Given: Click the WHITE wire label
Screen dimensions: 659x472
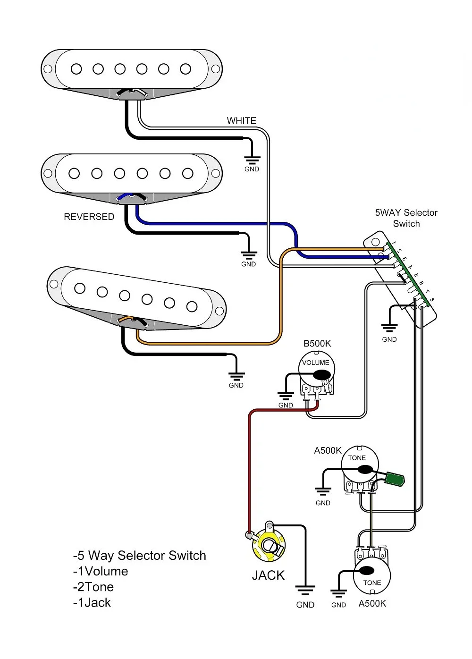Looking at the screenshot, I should coord(241,121).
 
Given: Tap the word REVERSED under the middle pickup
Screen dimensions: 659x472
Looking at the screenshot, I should coord(89,217).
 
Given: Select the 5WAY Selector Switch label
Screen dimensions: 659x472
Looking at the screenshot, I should coord(406,218).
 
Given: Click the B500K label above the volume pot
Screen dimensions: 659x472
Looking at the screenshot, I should coord(317,344).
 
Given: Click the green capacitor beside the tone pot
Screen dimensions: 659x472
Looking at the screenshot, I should coord(395,479).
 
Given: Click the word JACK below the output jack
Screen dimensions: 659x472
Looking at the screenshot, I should coord(268,575).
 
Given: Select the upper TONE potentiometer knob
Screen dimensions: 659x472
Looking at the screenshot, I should coord(360,464).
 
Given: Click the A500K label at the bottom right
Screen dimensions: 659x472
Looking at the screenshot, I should coord(372,604).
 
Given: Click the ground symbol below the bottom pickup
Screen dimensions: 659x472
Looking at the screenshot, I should coord(236,376).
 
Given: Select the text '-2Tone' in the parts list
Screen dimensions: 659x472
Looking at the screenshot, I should coord(93,587).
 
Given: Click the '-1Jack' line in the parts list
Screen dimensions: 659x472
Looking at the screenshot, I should coord(92,603).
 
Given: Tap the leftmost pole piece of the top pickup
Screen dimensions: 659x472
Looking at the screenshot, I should coord(76,69).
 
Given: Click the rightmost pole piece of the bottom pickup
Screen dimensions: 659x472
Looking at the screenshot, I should coord(192,307).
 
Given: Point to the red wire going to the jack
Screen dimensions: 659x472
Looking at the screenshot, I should coord(249,472).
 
